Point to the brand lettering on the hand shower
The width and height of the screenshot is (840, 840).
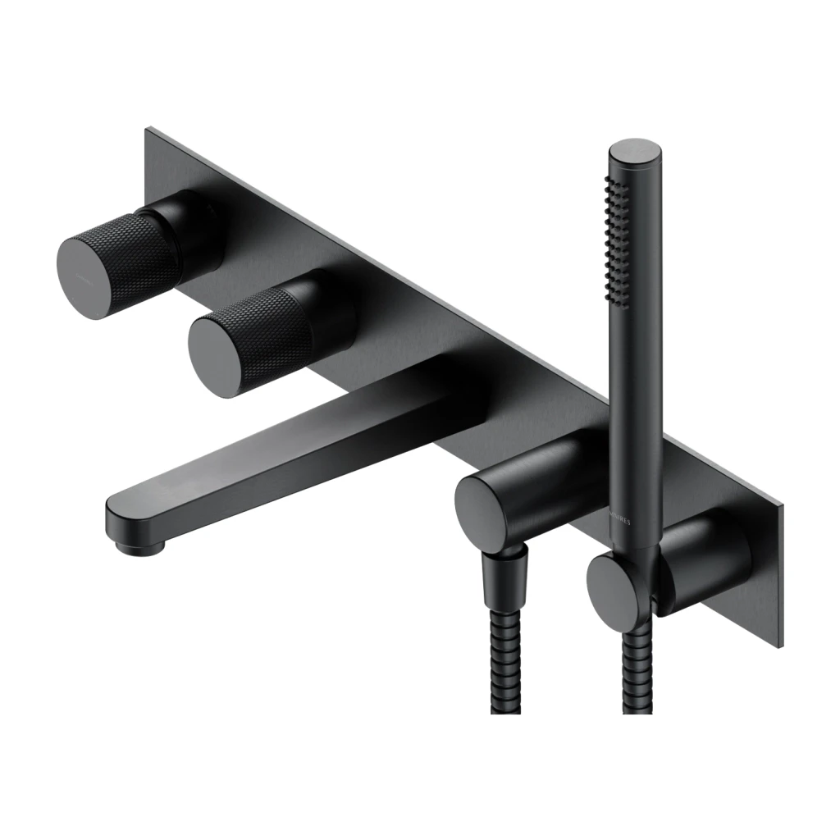coord(626,526)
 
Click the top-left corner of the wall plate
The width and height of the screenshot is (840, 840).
coord(149,131)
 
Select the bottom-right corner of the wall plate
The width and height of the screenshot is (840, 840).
coord(779,644)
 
